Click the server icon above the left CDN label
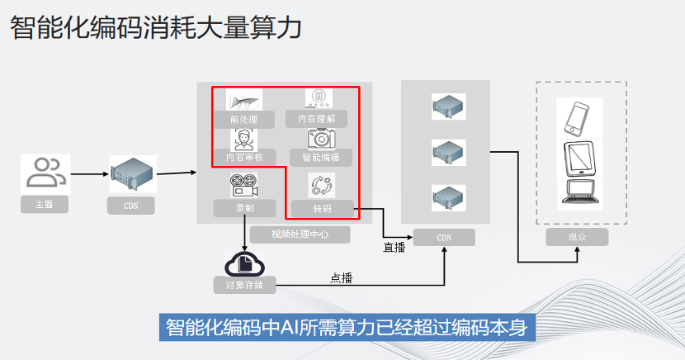coord(130,173)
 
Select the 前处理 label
coord(243,120)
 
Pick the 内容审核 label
coord(243,156)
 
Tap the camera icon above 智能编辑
coord(319,137)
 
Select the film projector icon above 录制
coord(244,183)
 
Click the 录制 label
coord(244,208)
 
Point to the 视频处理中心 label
coord(300,234)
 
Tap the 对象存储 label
coord(244,286)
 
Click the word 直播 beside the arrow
coord(394,247)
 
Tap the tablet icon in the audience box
coord(579,158)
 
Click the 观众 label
coord(577,238)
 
